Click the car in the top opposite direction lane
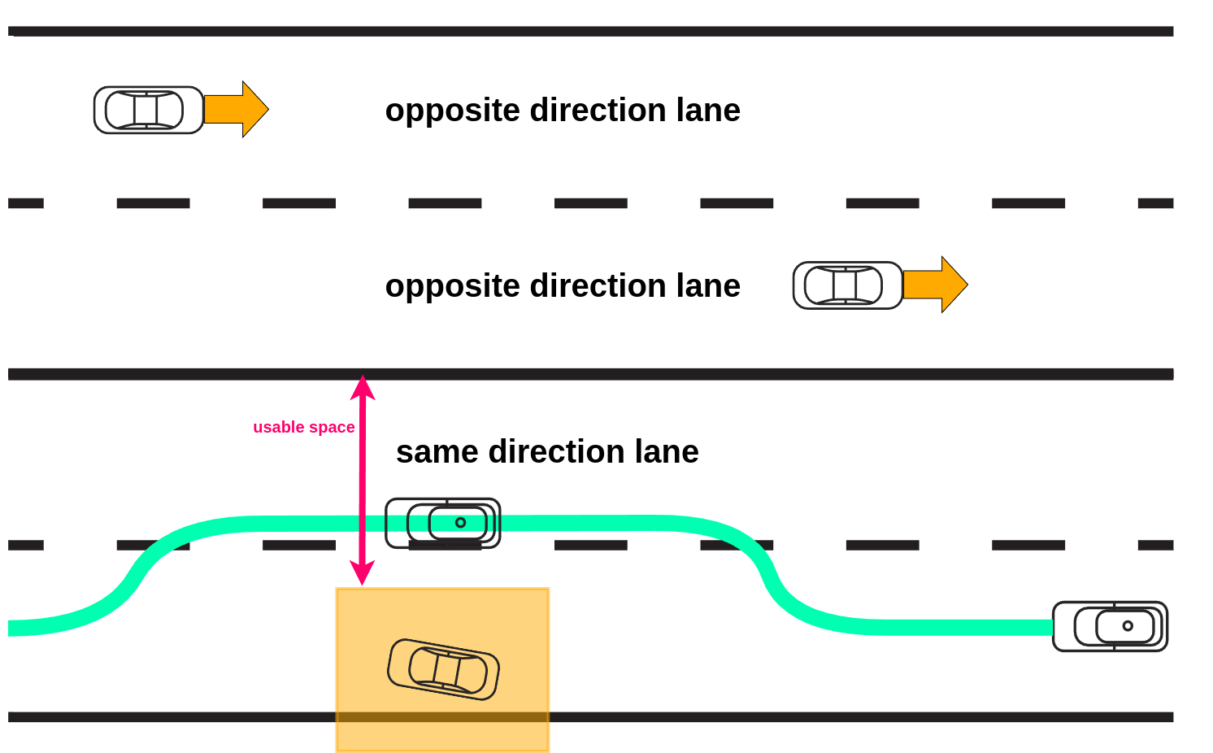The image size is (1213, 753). [148, 110]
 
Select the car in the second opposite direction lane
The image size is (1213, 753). [847, 285]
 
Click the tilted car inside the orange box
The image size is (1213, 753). [443, 669]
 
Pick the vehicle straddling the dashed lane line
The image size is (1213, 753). [442, 523]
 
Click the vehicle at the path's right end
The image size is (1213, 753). [1110, 626]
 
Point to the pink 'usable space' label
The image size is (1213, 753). [303, 427]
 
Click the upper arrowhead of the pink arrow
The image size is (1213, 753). [363, 387]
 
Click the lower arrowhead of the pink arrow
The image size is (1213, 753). [363, 572]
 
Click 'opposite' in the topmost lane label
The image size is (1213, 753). [453, 111]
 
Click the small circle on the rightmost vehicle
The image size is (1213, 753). [1128, 626]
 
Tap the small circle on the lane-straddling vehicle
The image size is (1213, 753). [460, 523]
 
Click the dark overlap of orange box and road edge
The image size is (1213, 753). [442, 717]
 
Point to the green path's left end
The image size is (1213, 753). [12, 628]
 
